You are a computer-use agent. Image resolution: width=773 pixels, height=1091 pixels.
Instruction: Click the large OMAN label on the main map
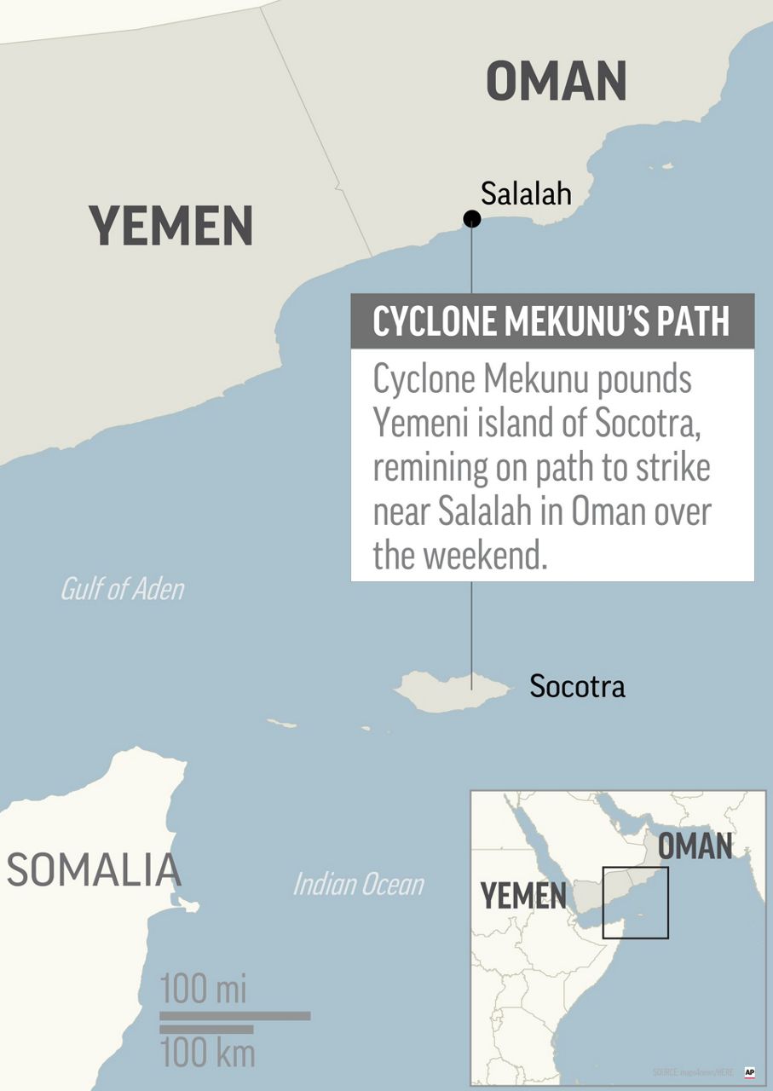pos(557,82)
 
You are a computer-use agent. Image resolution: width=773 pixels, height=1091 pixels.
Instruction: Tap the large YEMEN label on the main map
pos(171,227)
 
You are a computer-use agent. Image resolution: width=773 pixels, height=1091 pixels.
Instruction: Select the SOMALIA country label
pos(94,870)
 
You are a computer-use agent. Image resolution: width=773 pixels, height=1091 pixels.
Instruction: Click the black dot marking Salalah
pos(471,219)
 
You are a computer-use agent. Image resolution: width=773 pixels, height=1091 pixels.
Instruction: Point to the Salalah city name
pos(525,193)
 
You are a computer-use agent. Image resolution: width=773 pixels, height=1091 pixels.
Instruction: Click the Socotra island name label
pos(577,686)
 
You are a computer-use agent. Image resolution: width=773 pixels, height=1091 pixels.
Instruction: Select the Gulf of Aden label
pos(122,589)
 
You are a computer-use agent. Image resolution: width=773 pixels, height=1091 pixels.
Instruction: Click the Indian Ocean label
pos(358,884)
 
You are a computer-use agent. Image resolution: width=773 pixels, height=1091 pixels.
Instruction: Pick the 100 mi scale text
pos(203,990)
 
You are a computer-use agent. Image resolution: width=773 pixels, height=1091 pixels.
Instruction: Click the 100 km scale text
pos(207,1053)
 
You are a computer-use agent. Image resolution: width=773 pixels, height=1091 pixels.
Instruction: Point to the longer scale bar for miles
pos(234,1015)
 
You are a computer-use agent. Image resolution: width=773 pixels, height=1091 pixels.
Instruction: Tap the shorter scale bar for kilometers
pos(206,1030)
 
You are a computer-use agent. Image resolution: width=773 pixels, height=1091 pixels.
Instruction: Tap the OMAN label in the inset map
pos(695,847)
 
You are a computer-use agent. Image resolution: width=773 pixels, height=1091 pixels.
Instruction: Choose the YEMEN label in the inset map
pos(522,897)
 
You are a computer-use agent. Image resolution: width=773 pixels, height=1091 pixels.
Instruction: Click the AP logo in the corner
pos(750,1072)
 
